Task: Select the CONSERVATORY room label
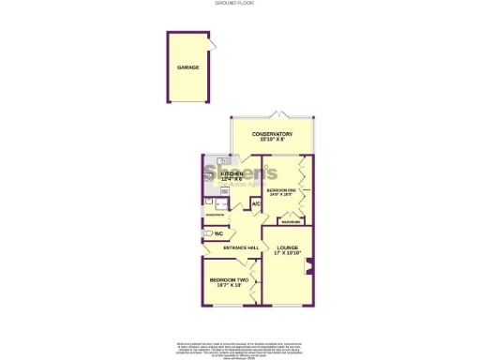click(272, 134)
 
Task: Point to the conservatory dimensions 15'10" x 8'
click(272, 141)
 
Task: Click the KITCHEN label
click(231, 174)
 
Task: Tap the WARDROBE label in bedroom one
click(291, 222)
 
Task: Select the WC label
click(217, 233)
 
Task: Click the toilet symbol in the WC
click(205, 234)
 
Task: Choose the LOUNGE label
click(286, 247)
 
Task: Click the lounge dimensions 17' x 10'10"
click(286, 254)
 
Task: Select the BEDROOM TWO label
click(229, 280)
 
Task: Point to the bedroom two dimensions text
click(229, 287)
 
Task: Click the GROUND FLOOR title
click(240, 4)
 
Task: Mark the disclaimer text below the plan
click(240, 348)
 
